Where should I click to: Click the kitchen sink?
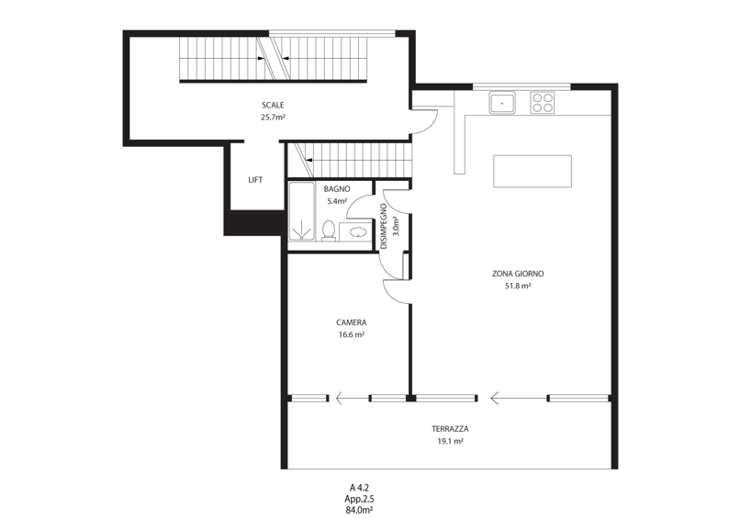502,103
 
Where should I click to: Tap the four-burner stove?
542,103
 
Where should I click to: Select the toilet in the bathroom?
329,231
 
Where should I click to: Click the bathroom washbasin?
358,232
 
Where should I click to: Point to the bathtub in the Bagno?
301,211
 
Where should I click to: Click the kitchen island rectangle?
533,171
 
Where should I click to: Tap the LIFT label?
255,180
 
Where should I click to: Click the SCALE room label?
273,105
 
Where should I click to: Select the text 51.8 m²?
518,286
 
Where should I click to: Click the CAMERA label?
351,322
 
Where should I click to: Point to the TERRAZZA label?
450,429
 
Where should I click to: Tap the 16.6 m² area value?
351,334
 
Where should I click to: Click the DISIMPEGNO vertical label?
384,226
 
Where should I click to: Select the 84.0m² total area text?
359,510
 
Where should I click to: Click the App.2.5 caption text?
359,499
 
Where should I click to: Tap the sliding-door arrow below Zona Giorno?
519,399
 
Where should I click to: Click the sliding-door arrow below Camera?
353,399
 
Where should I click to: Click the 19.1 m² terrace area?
450,441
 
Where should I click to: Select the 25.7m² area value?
273,118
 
